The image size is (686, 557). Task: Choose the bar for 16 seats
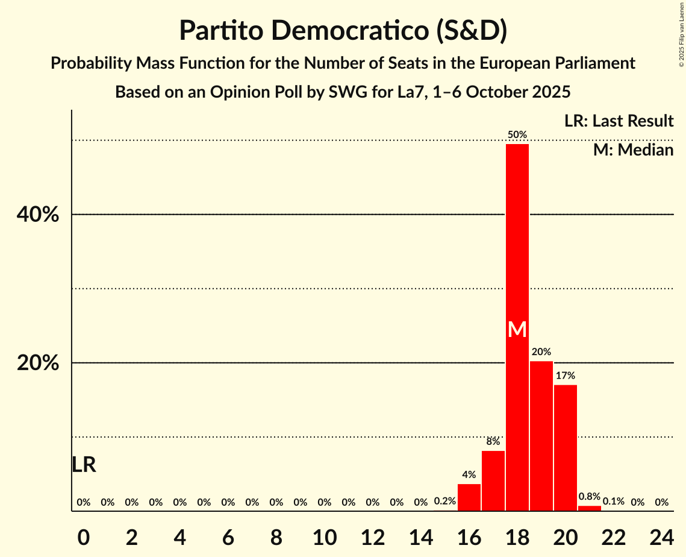[469, 497]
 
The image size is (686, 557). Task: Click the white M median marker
[517, 330]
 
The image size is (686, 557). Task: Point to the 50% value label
[517, 134]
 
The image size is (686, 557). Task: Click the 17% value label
[565, 376]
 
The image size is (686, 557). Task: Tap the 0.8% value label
[589, 497]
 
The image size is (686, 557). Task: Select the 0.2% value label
[444, 502]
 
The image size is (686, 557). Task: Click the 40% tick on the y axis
[42, 215]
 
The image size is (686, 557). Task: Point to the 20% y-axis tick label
[42, 363]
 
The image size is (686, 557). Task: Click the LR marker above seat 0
[84, 465]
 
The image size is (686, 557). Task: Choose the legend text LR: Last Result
[619, 121]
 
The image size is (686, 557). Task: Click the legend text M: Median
[633, 150]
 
